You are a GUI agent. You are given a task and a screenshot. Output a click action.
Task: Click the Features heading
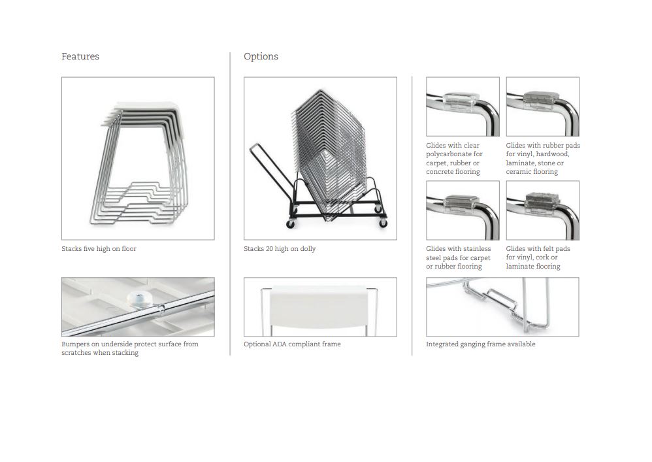tap(80, 56)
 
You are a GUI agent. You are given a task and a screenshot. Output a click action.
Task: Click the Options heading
tap(261, 57)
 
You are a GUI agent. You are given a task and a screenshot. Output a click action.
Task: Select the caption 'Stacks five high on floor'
tap(99, 249)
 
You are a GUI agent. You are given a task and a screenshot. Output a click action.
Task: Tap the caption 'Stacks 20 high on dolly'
tap(280, 249)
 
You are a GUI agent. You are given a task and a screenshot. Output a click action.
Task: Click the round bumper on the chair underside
tap(140, 299)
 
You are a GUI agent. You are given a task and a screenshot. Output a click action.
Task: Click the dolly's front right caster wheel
tap(383, 223)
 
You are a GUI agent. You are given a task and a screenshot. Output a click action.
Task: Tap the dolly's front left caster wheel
tap(290, 224)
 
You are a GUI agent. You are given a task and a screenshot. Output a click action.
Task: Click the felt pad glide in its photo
tap(540, 201)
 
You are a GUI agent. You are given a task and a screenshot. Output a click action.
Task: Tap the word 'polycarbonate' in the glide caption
tap(448, 154)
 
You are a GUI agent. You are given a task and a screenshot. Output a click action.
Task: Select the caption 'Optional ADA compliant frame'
tap(292, 344)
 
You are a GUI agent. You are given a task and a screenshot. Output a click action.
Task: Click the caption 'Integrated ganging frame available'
tap(480, 344)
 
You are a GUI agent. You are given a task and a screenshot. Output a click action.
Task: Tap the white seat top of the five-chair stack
tap(148, 106)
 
